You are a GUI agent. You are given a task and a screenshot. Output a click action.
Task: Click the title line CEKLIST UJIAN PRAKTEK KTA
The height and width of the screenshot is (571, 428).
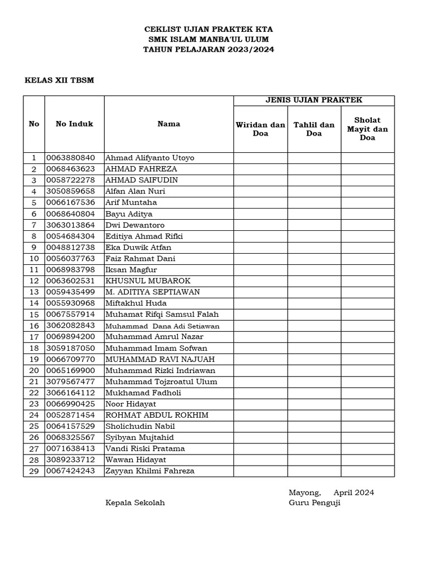click(208, 29)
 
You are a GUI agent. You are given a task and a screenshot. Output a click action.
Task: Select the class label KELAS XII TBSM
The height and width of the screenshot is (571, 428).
click(60, 80)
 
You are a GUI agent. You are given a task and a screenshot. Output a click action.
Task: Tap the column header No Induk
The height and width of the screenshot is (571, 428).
click(74, 124)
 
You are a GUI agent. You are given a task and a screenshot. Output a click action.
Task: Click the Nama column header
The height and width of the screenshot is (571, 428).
click(168, 124)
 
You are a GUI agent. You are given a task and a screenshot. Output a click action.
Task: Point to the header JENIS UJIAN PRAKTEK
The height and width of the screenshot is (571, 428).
click(314, 100)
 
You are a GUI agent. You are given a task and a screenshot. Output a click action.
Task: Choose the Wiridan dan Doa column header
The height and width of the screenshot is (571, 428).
click(260, 129)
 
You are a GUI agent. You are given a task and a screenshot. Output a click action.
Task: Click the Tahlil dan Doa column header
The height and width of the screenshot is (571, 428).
click(314, 129)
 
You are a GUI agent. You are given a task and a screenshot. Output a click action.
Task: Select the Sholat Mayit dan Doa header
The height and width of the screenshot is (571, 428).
click(367, 129)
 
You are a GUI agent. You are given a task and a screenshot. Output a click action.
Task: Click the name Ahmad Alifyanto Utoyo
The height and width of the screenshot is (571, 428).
click(150, 158)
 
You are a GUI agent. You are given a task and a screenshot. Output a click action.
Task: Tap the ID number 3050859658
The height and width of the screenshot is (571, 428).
click(71, 191)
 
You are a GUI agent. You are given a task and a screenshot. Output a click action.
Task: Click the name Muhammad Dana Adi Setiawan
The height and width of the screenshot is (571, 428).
click(163, 326)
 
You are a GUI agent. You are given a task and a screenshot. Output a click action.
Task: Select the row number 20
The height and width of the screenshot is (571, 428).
click(33, 370)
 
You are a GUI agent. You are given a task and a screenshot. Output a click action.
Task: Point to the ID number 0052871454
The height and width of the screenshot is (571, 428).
click(71, 415)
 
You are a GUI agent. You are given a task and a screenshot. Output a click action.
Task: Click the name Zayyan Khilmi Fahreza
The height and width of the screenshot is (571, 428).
click(150, 471)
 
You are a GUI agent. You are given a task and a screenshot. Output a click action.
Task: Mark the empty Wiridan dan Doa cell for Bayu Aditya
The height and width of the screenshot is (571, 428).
click(260, 214)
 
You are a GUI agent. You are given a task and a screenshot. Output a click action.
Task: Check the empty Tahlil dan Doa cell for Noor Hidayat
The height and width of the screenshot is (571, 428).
click(314, 404)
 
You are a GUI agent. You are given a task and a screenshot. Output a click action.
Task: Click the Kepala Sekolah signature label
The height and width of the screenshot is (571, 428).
click(135, 502)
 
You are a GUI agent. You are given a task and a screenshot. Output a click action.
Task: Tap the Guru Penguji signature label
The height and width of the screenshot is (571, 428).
click(314, 502)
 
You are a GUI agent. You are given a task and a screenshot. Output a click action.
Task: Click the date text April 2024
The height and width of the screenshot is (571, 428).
click(353, 492)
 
